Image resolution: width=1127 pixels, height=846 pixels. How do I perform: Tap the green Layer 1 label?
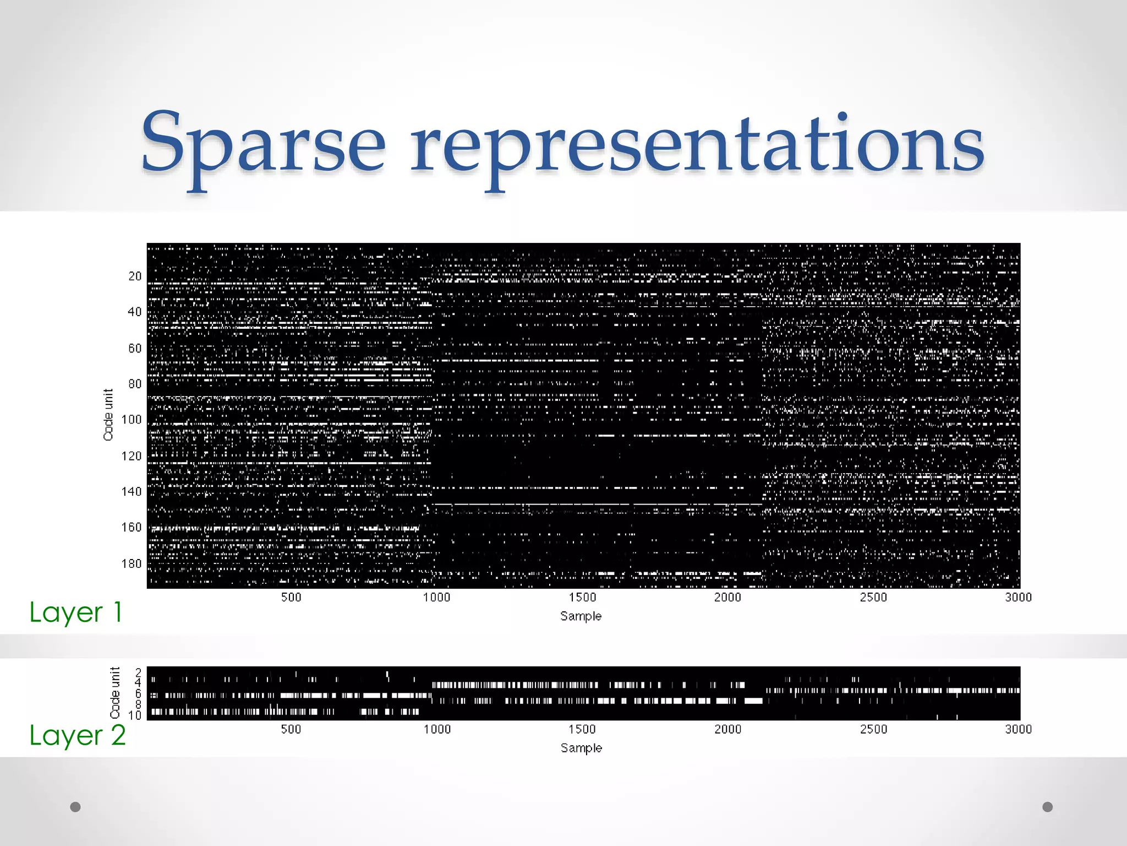[x=75, y=612]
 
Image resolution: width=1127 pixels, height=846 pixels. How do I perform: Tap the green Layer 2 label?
[x=78, y=736]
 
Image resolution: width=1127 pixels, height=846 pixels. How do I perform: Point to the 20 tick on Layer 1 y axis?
[x=135, y=276]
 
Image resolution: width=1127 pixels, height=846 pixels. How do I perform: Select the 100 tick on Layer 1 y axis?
[x=132, y=420]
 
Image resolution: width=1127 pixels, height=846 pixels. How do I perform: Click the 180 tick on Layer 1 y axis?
[x=132, y=563]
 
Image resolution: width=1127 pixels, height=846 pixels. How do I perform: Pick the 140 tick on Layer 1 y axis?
[x=132, y=492]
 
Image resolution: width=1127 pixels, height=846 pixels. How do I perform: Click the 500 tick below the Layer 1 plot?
[x=291, y=598]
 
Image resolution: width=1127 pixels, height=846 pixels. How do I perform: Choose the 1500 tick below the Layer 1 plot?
[x=582, y=598]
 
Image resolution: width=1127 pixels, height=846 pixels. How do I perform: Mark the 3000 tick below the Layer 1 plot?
[x=1018, y=598]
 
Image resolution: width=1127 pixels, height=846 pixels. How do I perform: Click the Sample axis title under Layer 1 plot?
[x=581, y=616]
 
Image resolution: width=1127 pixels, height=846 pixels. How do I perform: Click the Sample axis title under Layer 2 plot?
[x=581, y=749]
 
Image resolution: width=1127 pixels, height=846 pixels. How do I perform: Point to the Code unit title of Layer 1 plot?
[x=108, y=415]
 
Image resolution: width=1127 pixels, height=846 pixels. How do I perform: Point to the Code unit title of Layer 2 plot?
[x=115, y=693]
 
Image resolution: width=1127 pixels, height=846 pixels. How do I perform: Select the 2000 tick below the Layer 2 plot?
[x=727, y=730]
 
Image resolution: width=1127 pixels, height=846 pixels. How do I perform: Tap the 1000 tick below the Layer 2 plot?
[x=437, y=730]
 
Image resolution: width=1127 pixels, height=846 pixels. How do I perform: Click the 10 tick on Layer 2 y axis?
[x=135, y=715]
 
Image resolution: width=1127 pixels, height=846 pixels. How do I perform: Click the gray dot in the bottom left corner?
[x=75, y=807]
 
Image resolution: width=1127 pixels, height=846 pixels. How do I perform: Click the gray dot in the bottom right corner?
[x=1047, y=807]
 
